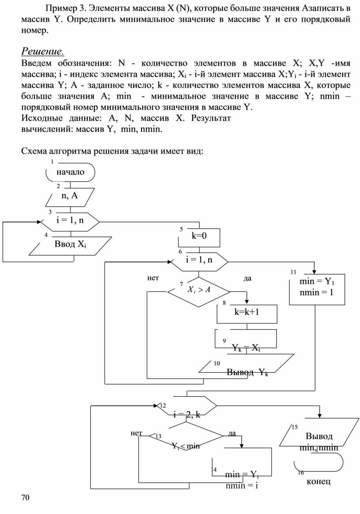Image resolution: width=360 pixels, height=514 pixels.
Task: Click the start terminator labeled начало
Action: [x=70, y=172]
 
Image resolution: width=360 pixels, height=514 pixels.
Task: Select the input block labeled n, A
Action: [x=70, y=197]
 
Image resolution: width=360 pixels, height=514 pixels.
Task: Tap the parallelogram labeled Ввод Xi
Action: [x=70, y=246]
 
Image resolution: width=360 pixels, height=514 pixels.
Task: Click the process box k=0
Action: [x=199, y=237]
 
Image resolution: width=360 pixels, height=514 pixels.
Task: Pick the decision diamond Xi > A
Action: [x=199, y=291]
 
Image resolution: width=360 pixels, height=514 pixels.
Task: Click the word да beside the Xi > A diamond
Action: [x=247, y=278]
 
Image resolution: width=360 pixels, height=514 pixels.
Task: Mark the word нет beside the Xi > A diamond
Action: [x=153, y=278]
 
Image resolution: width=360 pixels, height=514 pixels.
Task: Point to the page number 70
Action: [x=26, y=498]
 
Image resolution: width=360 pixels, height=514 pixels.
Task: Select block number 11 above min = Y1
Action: [x=293, y=272]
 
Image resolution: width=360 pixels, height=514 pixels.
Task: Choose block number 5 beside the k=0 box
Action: [x=181, y=229]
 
